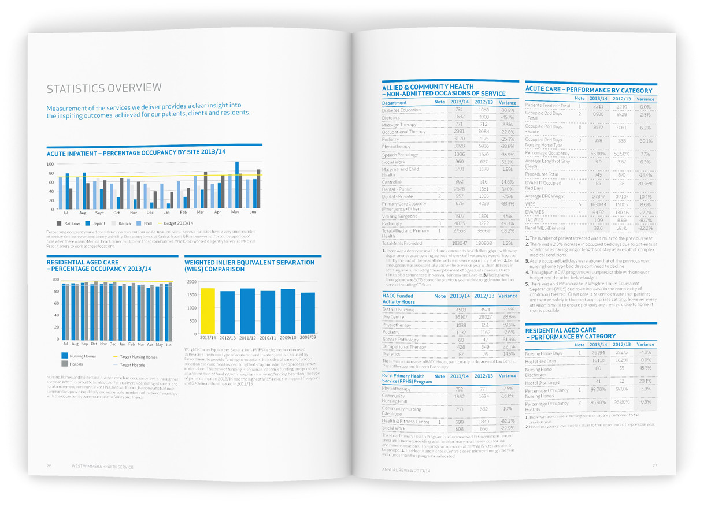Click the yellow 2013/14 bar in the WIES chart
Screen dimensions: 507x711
[208, 311]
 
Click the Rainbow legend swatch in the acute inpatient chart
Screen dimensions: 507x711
[59, 223]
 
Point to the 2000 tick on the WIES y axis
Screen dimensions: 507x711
[192, 282]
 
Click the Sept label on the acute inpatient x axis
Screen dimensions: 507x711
[99, 213]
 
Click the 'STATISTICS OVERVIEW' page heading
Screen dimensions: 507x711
[104, 88]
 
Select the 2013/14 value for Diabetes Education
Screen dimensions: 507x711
[459, 110]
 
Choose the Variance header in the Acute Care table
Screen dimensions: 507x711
[645, 99]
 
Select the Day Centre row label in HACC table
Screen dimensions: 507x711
[393, 317]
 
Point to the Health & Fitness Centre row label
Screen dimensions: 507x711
[405, 422]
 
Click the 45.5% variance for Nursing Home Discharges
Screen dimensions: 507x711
[646, 368]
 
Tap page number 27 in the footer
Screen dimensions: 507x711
[655, 466]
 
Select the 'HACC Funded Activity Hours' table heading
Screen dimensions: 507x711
[400, 299]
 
